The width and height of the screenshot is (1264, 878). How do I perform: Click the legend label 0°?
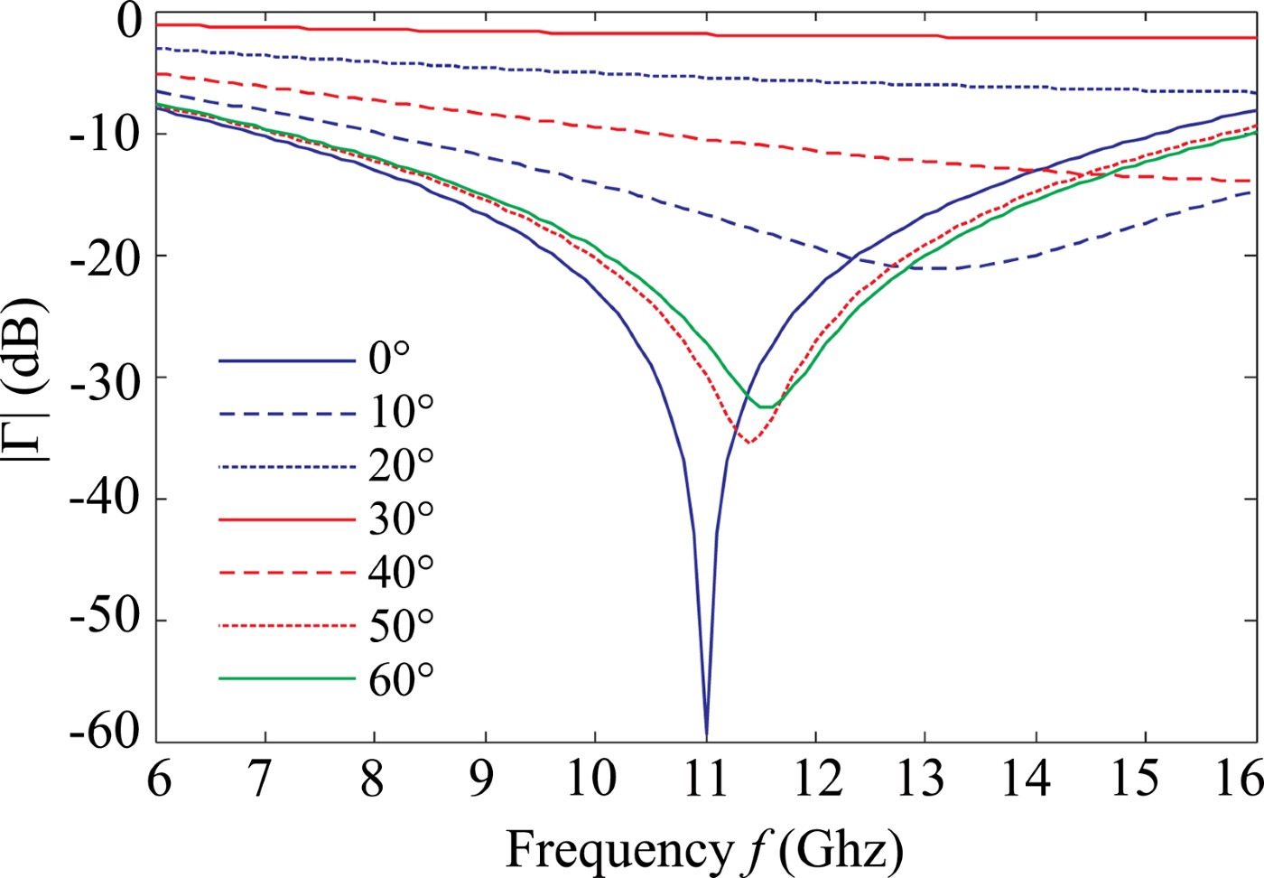389,359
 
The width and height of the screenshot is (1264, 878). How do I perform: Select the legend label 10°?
401,412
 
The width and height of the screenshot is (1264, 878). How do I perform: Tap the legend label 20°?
401,465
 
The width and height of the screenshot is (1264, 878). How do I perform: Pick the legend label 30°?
401,518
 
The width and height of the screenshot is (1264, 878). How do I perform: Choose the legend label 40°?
401,572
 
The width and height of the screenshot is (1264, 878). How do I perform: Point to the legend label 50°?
401,625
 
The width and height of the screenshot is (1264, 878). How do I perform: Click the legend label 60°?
401,678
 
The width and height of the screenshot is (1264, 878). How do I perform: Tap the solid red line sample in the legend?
287,519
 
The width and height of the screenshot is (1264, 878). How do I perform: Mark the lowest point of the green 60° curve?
764,406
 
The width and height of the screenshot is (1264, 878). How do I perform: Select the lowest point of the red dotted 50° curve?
748,442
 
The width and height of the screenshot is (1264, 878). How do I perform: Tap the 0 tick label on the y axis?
130,21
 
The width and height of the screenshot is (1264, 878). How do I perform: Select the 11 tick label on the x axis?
706,779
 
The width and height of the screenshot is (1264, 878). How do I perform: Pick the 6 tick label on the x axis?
160,779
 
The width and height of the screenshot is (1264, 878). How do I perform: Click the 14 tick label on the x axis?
1027,779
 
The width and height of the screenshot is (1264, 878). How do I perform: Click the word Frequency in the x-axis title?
619,849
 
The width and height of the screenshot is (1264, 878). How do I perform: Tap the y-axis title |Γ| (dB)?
27,378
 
